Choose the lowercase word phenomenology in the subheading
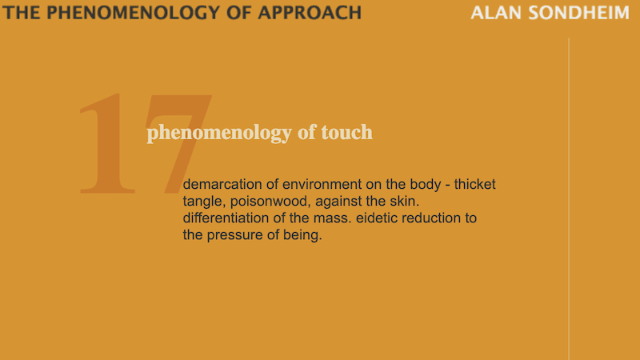220,133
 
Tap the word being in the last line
304,236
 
